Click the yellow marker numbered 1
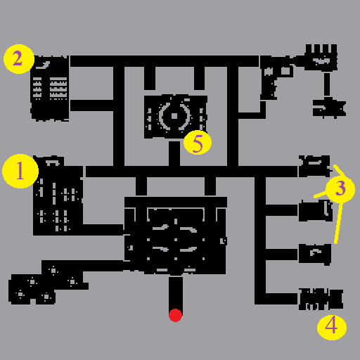point(20,171)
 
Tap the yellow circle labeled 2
point(19,59)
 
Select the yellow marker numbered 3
point(340,188)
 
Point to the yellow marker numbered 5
point(198,142)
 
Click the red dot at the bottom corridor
point(175,315)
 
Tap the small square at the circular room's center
point(174,116)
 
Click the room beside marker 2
point(50,89)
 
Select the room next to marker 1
point(58,195)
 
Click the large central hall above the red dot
point(175,236)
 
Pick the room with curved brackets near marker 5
point(176,117)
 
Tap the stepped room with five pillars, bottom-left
point(47,283)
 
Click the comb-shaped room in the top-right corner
point(321,58)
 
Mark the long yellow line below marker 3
point(338,223)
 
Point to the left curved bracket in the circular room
point(163,116)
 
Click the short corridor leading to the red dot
point(175,293)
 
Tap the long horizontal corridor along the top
point(165,61)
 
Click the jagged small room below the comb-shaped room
point(329,108)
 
